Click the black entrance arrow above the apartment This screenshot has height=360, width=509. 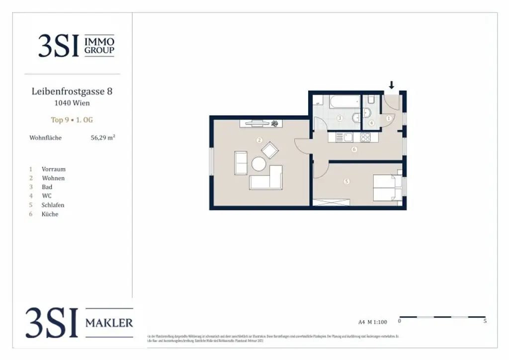click(x=392, y=85)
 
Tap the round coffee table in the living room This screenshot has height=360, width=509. click(x=258, y=164)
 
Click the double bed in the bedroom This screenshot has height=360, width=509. click(x=387, y=187)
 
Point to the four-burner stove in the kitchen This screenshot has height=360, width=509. click(x=365, y=138)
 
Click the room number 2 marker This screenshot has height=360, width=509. click(x=259, y=140)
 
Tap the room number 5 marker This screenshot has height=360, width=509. click(x=346, y=181)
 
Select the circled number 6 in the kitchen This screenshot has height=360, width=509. click(x=354, y=149)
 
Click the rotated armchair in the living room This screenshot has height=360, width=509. click(x=270, y=150)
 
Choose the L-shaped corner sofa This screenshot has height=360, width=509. click(x=267, y=178)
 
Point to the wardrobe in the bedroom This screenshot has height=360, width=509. click(x=332, y=202)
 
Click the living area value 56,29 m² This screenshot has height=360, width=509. click(x=102, y=138)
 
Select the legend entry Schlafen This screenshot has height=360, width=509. click(x=53, y=205)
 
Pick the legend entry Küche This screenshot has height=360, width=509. click(x=50, y=214)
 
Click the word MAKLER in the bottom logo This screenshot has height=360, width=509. click(x=109, y=323)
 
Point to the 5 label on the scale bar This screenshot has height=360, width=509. click(x=485, y=321)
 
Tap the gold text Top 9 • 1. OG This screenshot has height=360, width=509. click(x=72, y=120)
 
